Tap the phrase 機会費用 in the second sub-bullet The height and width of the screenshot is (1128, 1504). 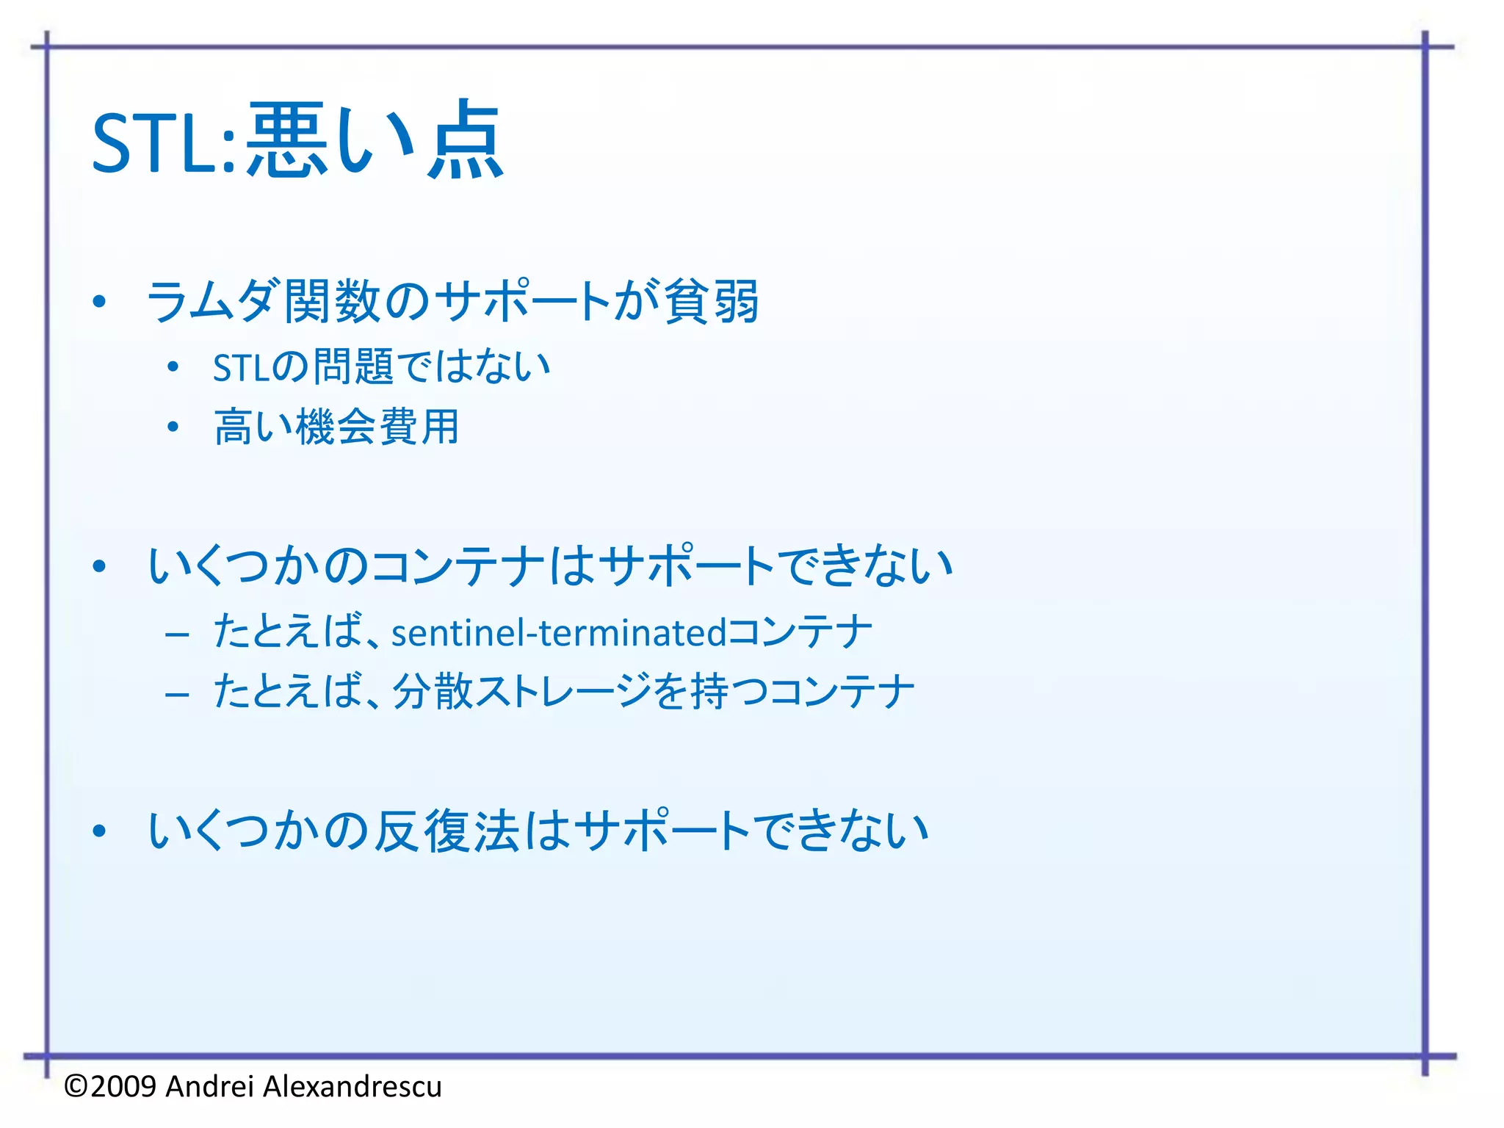click(x=377, y=427)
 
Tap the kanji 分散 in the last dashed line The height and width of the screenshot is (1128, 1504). click(x=433, y=692)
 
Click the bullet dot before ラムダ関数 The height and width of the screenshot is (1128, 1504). click(x=100, y=301)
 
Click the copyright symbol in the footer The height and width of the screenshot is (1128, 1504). click(x=76, y=1086)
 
